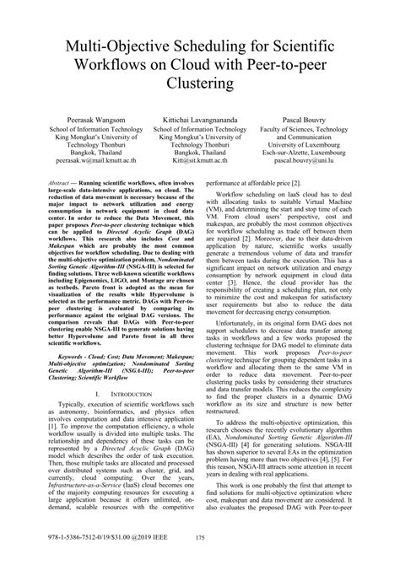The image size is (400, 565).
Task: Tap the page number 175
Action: [x=199, y=546]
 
